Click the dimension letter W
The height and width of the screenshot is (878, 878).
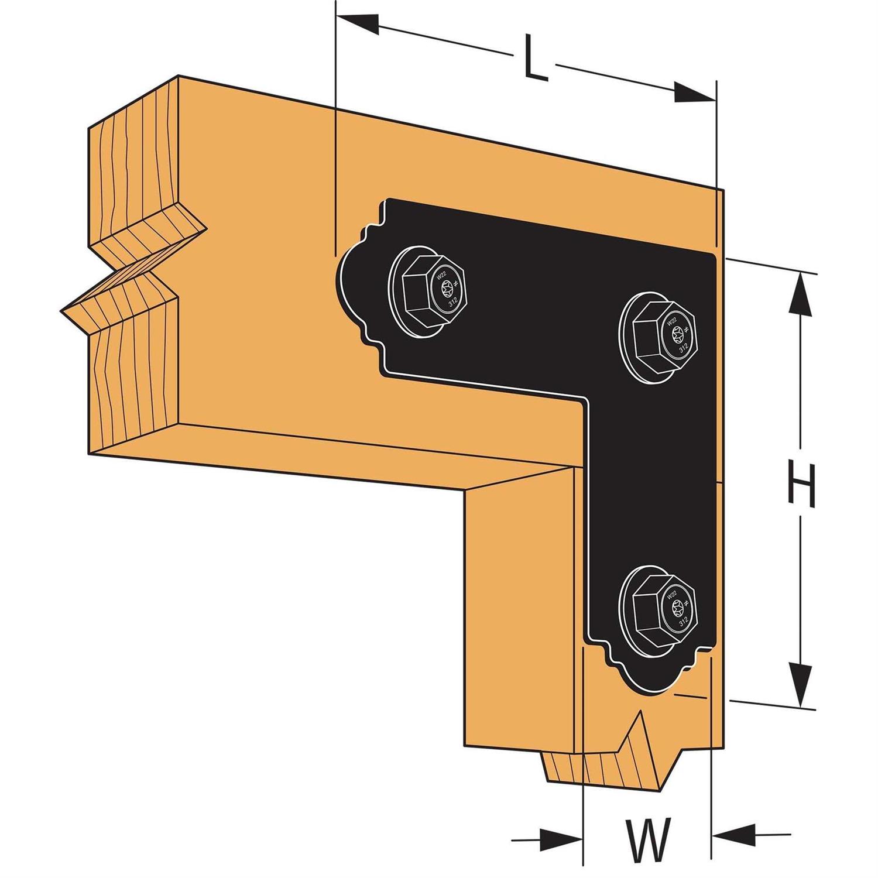tap(647, 839)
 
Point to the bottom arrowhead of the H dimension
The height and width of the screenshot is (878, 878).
tap(800, 682)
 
